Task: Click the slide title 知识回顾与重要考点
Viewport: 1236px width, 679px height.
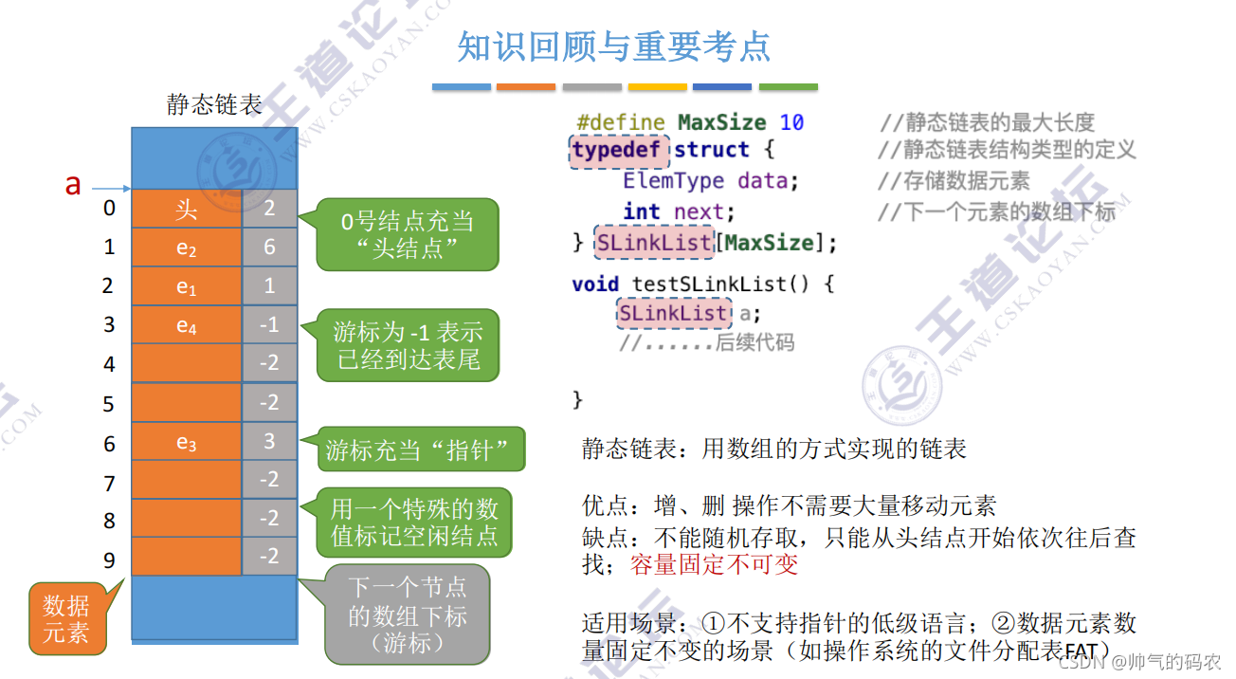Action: coord(613,46)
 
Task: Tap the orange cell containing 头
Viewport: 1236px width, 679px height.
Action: coord(186,210)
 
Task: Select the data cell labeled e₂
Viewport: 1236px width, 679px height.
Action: coord(186,248)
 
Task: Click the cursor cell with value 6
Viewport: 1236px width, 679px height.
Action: coord(269,248)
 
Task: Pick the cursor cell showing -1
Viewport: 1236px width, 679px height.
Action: coord(269,325)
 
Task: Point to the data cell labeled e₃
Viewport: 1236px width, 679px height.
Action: coord(186,442)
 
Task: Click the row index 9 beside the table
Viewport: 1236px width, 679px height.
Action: coord(109,560)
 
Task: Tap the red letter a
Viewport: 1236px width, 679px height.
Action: coord(73,185)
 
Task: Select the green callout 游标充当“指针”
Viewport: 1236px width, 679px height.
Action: coord(421,450)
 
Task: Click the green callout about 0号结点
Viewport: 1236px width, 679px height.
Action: coord(408,234)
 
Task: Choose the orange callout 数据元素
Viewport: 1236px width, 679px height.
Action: coord(66,617)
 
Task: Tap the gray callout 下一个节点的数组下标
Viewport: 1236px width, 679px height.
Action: coord(408,615)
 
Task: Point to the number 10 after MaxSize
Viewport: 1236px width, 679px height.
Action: coord(791,122)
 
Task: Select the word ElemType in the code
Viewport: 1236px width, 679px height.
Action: coord(673,180)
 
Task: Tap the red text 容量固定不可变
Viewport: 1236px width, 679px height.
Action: coord(714,564)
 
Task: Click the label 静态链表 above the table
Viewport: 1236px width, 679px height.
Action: coord(214,104)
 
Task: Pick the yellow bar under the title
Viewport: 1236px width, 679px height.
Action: coord(658,87)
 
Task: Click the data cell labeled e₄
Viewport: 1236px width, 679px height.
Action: coord(186,325)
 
